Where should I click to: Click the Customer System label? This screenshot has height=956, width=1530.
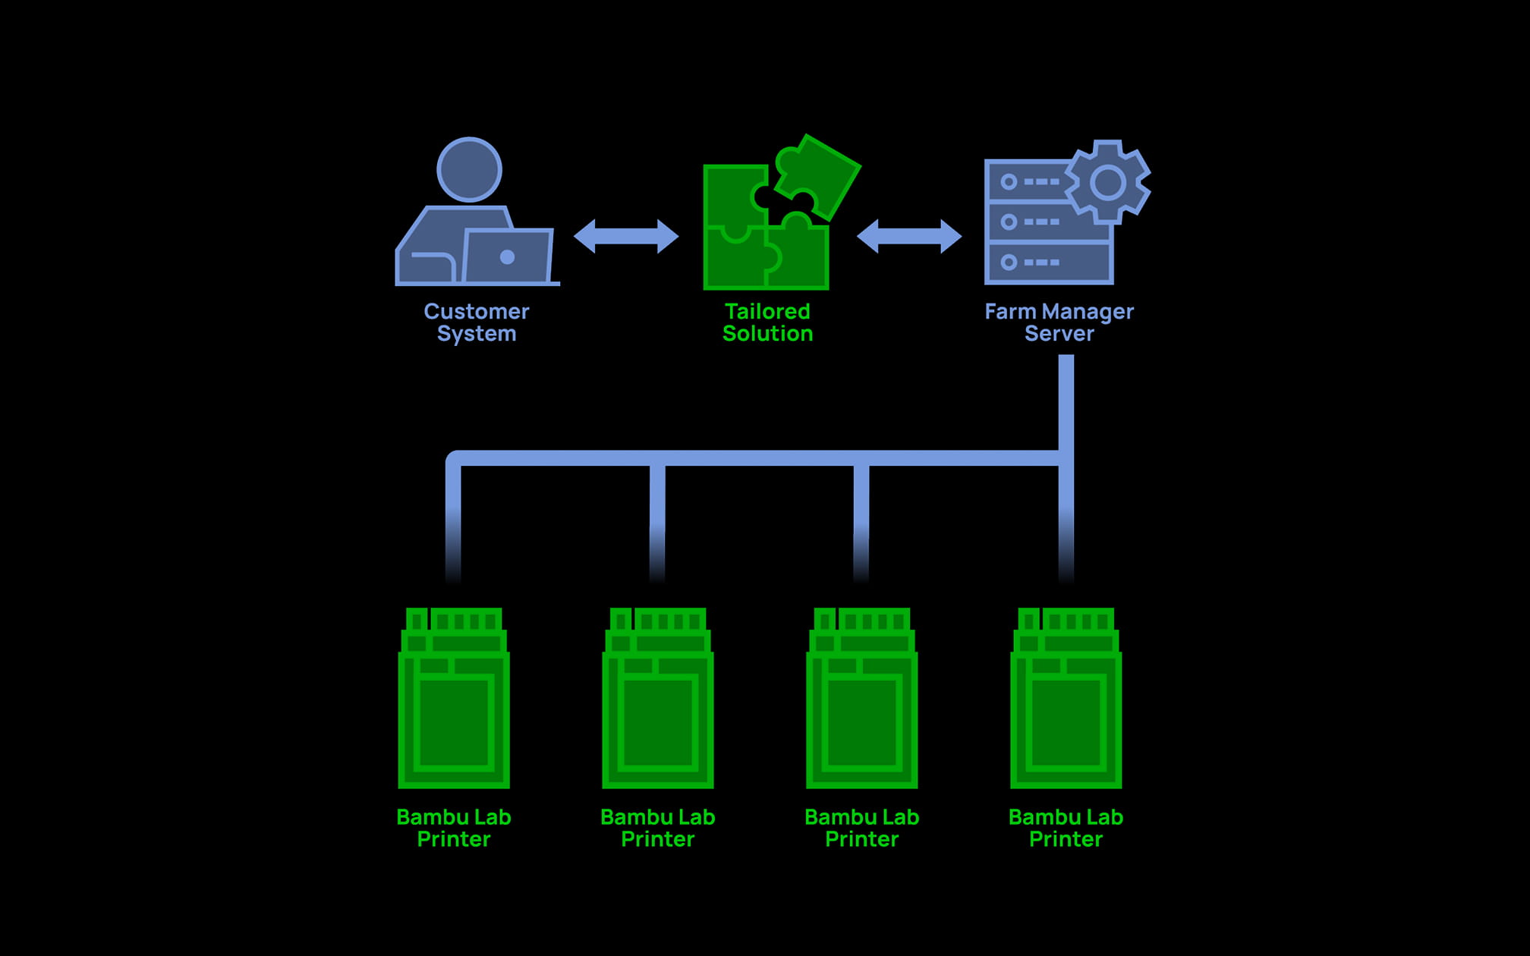[477, 322]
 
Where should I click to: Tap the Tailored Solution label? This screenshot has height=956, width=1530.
[767, 322]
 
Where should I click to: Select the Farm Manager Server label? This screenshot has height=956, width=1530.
[1059, 322]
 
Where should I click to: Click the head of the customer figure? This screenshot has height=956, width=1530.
[469, 169]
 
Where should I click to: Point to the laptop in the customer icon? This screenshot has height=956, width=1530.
[507, 256]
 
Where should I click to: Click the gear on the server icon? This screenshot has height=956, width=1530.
[1108, 182]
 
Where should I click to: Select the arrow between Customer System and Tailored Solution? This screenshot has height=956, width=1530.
[626, 237]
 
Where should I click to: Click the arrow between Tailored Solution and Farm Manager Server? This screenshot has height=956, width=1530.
[909, 237]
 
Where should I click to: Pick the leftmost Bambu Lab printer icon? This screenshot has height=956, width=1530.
[454, 698]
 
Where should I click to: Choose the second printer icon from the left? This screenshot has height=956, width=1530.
[658, 698]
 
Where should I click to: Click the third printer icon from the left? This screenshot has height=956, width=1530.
[862, 698]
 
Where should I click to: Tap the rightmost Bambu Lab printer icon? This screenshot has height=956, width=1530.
[1066, 698]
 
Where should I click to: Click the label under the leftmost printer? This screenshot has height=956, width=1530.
[454, 828]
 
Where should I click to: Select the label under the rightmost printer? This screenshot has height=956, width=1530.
[1066, 828]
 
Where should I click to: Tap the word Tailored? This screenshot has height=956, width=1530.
[767, 311]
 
